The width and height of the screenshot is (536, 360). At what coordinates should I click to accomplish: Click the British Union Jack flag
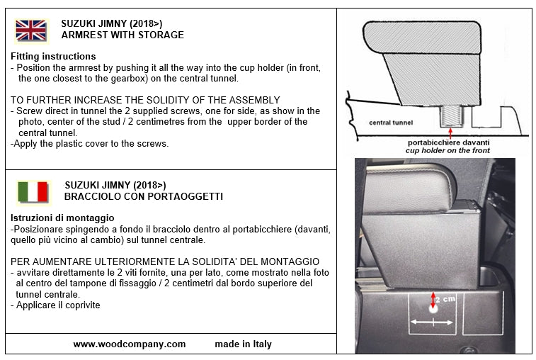[31, 30]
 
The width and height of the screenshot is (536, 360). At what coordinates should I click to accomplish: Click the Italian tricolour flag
[33, 192]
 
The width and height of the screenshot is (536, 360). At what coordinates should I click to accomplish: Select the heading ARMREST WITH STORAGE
[122, 35]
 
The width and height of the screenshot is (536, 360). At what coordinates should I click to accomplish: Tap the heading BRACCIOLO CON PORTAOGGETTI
[144, 196]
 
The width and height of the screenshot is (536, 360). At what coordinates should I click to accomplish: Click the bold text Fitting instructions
[53, 56]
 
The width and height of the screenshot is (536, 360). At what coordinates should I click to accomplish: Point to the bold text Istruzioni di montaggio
[62, 218]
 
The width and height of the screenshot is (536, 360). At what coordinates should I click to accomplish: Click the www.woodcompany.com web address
[130, 344]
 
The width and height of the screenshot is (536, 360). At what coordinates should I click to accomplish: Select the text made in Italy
[243, 344]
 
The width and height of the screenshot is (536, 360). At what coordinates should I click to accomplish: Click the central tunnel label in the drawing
[390, 123]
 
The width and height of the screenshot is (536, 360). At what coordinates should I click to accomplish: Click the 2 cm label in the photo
[444, 300]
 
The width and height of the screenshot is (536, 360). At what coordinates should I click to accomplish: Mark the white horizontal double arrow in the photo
[432, 322]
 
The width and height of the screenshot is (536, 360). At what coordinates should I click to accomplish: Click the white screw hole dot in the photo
[433, 309]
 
